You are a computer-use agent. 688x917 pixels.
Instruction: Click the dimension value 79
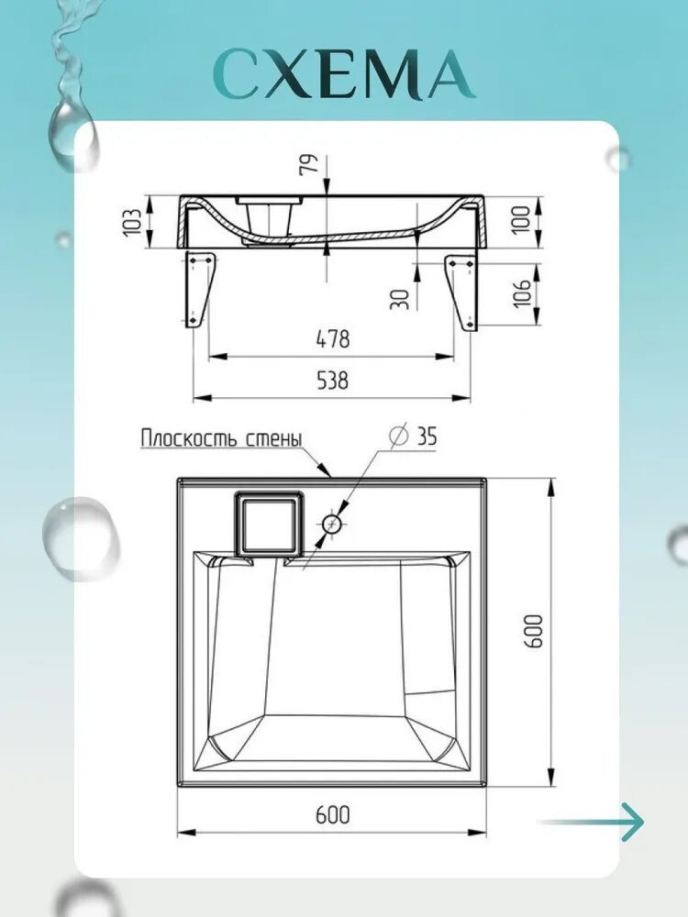pos(309,163)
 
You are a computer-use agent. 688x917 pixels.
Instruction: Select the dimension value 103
pos(133,222)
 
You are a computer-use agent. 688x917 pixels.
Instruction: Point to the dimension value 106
pos(523,292)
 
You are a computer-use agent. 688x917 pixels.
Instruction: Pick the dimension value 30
pos(400,299)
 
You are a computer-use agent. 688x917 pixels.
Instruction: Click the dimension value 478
pos(332,338)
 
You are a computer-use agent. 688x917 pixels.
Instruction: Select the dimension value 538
pos(332,381)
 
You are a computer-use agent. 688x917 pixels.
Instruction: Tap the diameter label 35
pos(427,436)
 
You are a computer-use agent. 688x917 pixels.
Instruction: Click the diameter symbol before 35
pos(399,436)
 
